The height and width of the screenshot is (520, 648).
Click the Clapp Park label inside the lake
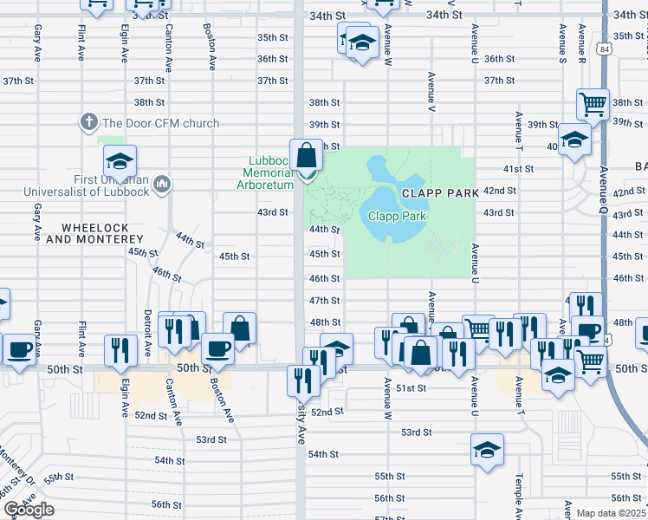[398, 216]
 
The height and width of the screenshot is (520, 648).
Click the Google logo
[28, 510]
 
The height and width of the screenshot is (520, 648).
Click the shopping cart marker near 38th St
[593, 106]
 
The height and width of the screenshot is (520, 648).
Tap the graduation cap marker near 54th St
[488, 449]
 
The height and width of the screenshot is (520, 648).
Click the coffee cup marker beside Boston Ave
[217, 349]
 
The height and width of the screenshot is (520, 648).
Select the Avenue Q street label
[604, 191]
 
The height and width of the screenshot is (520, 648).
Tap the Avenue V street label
[431, 90]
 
